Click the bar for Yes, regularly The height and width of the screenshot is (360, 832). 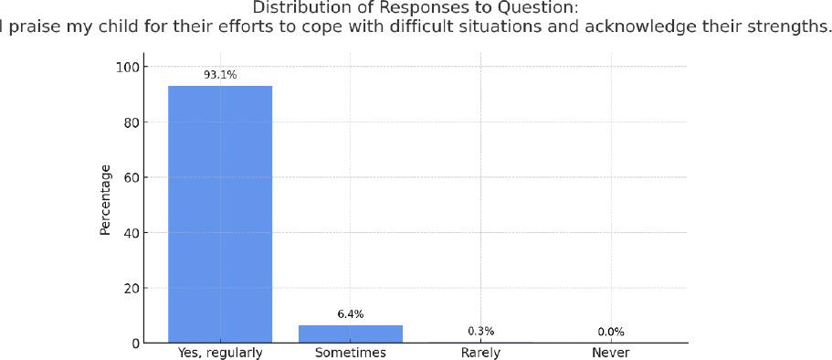220,214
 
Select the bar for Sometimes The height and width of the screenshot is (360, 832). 351,334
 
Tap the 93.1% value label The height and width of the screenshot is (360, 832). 220,75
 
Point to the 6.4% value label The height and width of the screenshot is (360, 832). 351,314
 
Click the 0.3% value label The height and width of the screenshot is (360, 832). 480,331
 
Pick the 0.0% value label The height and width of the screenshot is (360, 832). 611,332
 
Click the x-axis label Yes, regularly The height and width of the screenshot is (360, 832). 220,353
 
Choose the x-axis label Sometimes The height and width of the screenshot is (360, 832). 351,353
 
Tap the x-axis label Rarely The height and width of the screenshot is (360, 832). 480,353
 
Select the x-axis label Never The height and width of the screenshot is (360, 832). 611,353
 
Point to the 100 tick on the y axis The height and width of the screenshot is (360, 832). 128,68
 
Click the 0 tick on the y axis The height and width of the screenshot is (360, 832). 134,344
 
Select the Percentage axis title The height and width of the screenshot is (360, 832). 105,199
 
